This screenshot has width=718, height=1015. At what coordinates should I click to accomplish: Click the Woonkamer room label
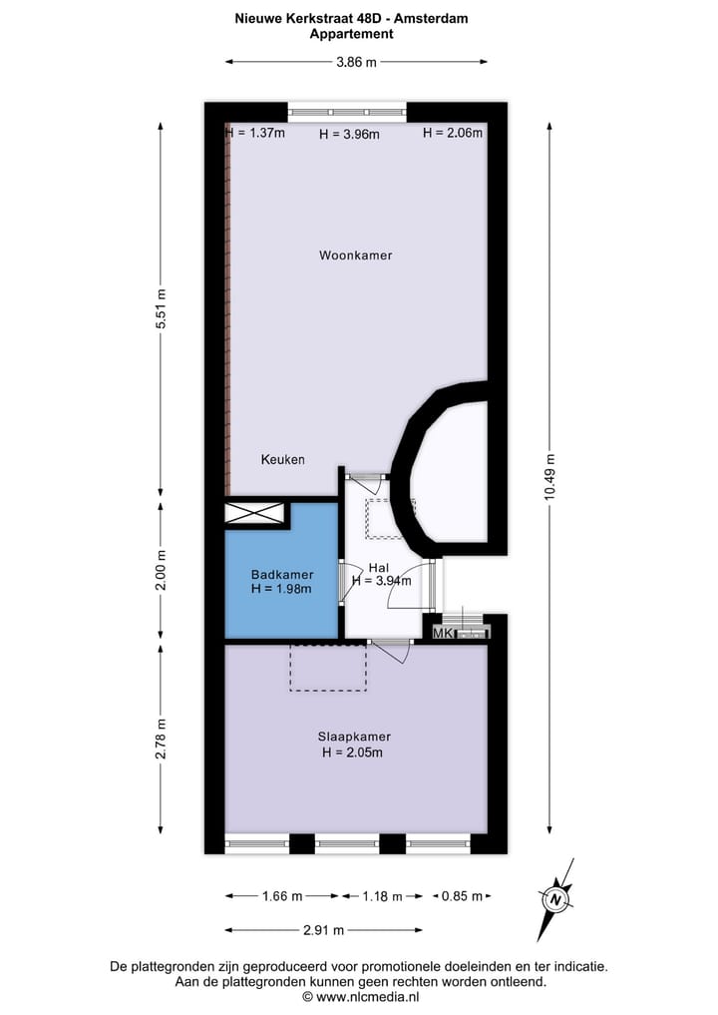click(355, 255)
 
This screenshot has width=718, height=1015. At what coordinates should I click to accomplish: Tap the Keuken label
click(282, 460)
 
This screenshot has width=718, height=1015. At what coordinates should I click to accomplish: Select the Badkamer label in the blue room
click(282, 575)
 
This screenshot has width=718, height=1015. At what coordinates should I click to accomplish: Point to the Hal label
click(378, 568)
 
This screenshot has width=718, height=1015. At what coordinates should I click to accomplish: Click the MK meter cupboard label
click(440, 632)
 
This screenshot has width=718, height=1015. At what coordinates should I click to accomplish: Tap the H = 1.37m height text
click(255, 133)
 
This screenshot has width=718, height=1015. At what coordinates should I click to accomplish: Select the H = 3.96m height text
click(349, 135)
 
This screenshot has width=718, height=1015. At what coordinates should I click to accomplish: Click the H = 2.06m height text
click(453, 133)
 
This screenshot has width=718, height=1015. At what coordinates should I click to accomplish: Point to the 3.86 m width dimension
click(356, 62)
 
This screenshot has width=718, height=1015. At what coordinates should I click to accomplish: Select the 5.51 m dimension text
click(162, 314)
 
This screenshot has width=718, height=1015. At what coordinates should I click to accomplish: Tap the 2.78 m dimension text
click(162, 739)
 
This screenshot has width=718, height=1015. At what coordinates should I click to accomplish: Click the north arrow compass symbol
click(554, 898)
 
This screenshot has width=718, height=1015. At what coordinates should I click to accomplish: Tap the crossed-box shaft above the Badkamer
click(256, 513)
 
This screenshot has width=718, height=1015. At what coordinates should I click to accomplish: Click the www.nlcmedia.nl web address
click(360, 996)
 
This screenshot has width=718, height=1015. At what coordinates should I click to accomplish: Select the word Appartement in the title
click(352, 34)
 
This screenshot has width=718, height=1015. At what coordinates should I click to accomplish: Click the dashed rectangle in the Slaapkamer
click(328, 668)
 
